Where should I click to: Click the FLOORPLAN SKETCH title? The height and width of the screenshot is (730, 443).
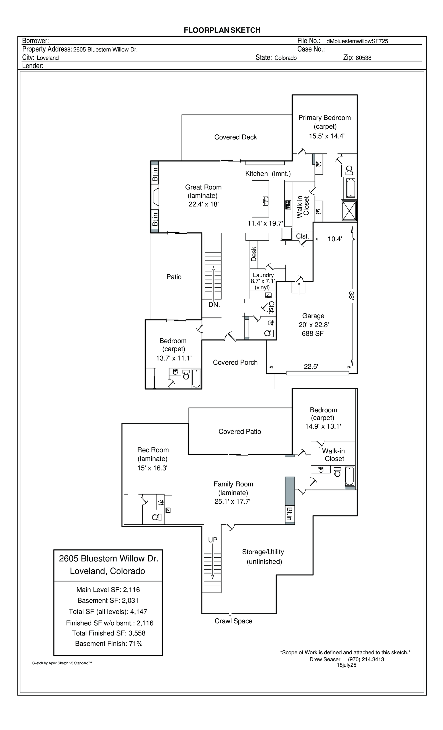[222, 30]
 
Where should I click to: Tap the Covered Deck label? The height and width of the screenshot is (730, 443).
[235, 137]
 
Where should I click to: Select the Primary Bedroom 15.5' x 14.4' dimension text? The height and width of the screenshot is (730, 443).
[327, 136]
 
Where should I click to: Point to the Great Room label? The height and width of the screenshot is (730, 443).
[203, 187]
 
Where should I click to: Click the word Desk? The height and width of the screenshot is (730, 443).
[254, 254]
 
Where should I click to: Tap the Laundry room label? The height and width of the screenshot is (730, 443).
[263, 275]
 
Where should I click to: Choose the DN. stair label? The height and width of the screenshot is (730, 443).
[214, 305]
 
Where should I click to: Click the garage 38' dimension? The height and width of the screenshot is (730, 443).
[352, 295]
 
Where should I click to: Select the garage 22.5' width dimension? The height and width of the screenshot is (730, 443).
[311, 367]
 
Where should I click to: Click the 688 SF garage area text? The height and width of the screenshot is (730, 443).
[313, 334]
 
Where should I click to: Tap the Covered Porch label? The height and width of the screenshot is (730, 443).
[235, 362]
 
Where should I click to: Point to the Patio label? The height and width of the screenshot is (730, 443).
[174, 277]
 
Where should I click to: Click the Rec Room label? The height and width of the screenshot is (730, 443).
[153, 450]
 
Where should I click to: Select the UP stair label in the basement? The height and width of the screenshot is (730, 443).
[213, 540]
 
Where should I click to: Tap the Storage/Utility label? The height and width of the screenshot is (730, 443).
[263, 552]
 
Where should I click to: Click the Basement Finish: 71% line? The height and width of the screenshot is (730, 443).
[109, 644]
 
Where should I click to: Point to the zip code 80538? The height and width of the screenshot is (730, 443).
[363, 58]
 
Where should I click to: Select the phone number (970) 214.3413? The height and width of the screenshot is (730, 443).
[366, 659]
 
